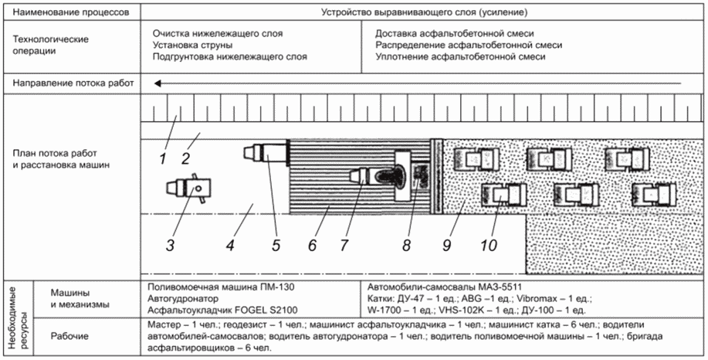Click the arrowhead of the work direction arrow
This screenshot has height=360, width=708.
coord(158,83)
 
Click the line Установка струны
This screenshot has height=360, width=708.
coord(193,46)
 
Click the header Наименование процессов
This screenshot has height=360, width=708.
coord(71,12)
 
